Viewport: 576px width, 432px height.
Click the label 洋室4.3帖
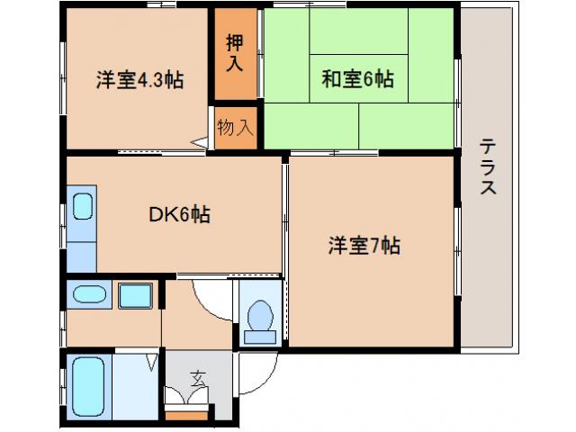click(x=139, y=80)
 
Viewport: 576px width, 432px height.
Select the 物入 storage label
click(x=236, y=127)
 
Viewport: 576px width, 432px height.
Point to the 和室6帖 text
click(x=358, y=80)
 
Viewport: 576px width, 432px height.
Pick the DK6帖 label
click(x=180, y=215)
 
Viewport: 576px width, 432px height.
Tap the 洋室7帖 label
click(x=364, y=244)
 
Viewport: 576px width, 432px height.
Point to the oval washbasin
click(x=87, y=294)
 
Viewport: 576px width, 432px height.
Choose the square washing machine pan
click(x=134, y=294)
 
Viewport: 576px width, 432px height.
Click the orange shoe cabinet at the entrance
click(x=186, y=416)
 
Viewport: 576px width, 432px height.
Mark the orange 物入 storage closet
click(x=237, y=127)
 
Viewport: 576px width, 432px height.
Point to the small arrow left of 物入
click(x=200, y=140)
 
